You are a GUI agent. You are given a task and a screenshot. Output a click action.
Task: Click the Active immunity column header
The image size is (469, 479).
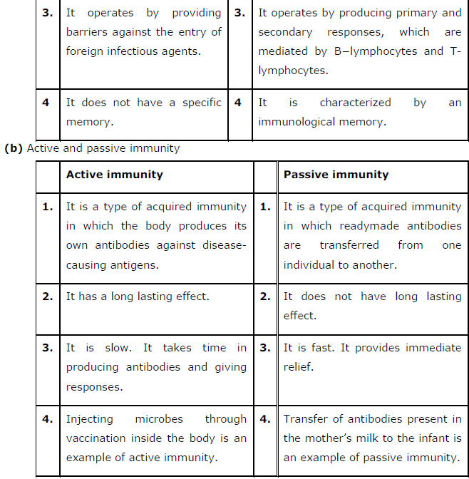114,175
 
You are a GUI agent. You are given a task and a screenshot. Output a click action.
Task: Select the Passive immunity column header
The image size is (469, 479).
336,175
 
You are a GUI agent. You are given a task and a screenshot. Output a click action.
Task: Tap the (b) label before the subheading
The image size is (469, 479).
14,148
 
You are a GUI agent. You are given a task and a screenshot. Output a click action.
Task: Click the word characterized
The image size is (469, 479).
355,103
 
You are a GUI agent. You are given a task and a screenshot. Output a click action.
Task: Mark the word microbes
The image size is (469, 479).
159,419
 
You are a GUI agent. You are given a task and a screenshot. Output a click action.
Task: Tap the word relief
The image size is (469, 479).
298,367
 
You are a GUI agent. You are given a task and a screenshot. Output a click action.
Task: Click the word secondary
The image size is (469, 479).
285,32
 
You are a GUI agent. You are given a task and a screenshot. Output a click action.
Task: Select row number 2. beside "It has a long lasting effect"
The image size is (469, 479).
48,297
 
